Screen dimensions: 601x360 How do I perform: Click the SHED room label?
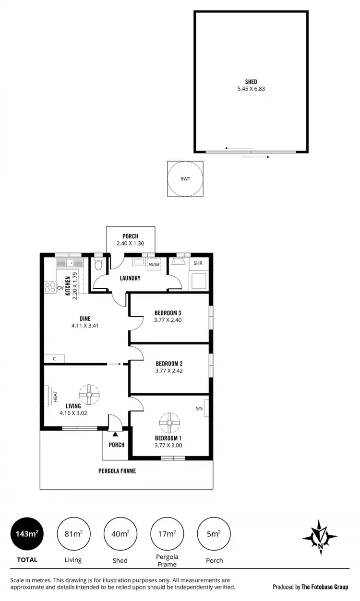pyautogui.click(x=251, y=82)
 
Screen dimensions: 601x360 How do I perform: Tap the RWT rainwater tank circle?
pyautogui.click(x=185, y=179)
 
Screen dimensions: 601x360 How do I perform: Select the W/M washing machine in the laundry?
pyautogui.click(x=154, y=264)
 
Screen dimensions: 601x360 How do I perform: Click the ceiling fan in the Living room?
pyautogui.click(x=88, y=394)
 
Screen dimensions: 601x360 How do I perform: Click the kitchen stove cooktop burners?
pyautogui.click(x=50, y=287)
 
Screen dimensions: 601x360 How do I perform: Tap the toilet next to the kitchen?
pyautogui.click(x=98, y=265)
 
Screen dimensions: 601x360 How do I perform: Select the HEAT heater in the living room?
pyautogui.click(x=50, y=396)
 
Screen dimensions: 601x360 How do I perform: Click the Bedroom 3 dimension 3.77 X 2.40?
pyautogui.click(x=168, y=320)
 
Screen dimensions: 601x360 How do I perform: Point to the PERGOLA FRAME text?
pyautogui.click(x=118, y=471)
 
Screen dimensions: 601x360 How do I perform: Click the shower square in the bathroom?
pyautogui.click(x=199, y=281)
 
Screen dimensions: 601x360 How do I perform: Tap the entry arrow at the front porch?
pyautogui.click(x=115, y=434)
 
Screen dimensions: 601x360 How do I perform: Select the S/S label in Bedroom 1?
pyautogui.click(x=199, y=409)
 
